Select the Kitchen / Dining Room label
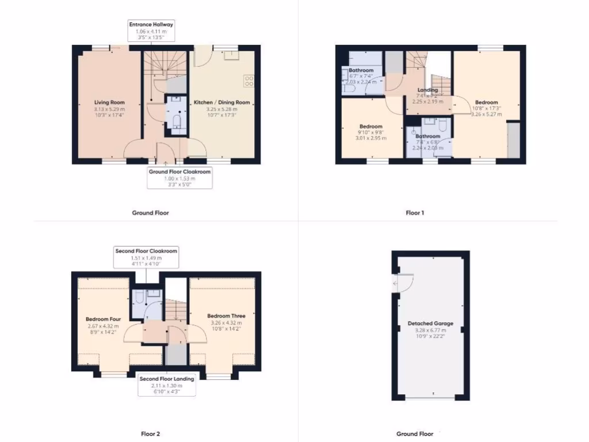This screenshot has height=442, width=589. (221, 102)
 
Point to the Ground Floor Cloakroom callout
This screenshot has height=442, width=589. (179, 178)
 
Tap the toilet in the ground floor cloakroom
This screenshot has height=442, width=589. (177, 121)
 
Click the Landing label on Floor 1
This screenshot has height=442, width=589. (427, 90)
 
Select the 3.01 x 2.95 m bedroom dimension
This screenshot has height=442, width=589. (371, 138)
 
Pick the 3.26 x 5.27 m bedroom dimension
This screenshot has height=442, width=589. (486, 114)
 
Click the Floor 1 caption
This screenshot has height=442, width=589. (415, 213)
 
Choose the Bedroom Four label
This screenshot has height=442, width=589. (103, 319)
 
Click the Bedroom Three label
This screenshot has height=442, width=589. (226, 316)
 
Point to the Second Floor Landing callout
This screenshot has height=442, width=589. (167, 385)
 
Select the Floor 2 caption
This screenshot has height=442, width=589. (151, 433)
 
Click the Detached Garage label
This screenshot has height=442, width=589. (430, 323)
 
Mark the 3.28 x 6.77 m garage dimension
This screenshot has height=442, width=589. (430, 330)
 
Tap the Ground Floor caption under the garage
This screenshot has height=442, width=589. (415, 433)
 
